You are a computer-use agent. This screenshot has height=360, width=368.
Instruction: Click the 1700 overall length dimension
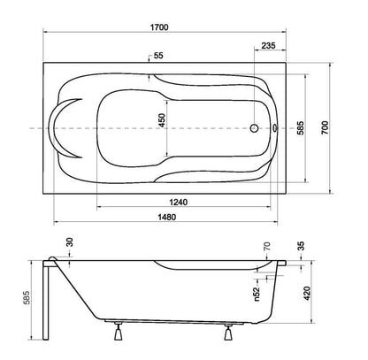pyautogui.click(x=159, y=27)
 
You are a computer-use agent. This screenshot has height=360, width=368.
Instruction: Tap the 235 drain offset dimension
pyautogui.click(x=268, y=45)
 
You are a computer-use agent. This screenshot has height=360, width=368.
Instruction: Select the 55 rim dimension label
pyautogui.click(x=158, y=56)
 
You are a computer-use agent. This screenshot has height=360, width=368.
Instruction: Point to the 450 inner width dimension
pyautogui.click(x=162, y=120)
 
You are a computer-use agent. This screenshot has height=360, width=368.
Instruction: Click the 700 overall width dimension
pyautogui.click(x=325, y=127)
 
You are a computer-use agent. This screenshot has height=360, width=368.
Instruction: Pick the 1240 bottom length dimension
pyautogui.click(x=178, y=203)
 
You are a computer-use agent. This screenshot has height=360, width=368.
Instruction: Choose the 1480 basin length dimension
pyautogui.click(x=167, y=218)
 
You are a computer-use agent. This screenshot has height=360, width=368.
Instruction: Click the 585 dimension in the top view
pyautogui.click(x=300, y=127)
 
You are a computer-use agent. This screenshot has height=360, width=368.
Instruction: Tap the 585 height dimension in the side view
pyautogui.click(x=27, y=297)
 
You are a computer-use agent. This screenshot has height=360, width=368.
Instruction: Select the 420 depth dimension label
pyautogui.click(x=307, y=293)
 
